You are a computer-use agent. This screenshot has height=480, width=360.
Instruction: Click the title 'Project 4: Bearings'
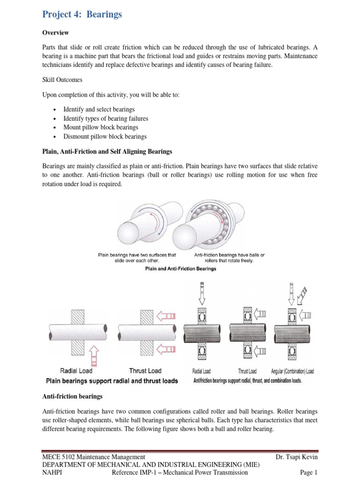[x=82, y=15]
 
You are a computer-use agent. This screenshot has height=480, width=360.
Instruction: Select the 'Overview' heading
[x=56, y=33]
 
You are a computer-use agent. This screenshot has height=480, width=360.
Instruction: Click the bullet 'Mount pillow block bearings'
[x=101, y=127]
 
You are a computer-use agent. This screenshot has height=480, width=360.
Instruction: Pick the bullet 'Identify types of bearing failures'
[x=105, y=119]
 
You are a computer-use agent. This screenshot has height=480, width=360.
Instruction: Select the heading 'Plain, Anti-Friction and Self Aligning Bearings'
[x=107, y=152]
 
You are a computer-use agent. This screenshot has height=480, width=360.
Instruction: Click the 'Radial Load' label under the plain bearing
[x=76, y=371]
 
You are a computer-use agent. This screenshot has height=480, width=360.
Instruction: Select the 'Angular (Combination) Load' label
[x=292, y=371]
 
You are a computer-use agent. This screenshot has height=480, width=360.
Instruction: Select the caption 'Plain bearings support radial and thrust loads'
[x=112, y=381]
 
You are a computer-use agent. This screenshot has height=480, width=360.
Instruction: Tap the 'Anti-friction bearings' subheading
[x=72, y=397]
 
